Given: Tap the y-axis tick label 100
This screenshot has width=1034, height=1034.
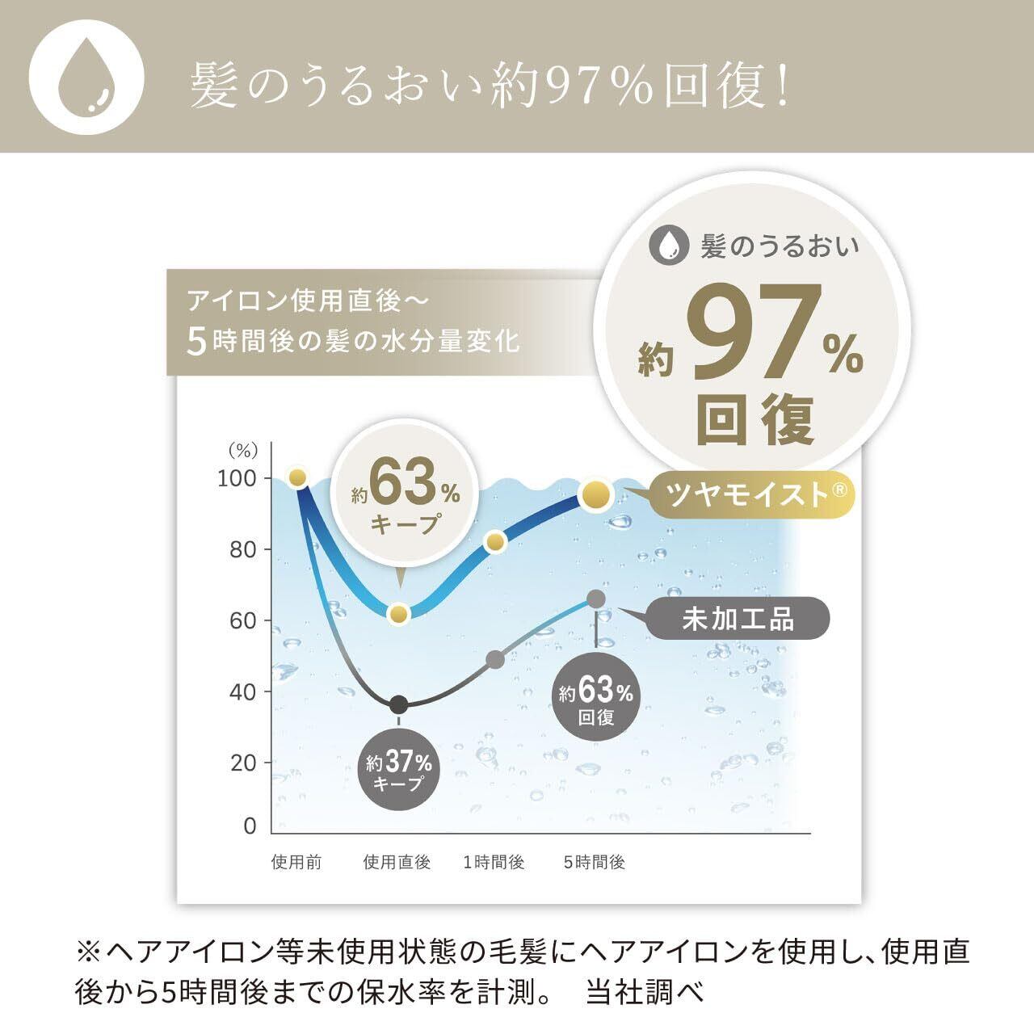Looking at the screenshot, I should pyautogui.click(x=237, y=478).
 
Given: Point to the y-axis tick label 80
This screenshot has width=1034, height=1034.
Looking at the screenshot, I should pyautogui.click(x=239, y=550).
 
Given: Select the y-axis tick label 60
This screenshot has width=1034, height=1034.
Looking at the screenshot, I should pyautogui.click(x=239, y=621).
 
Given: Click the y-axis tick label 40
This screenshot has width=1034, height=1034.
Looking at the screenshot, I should pyautogui.click(x=239, y=692).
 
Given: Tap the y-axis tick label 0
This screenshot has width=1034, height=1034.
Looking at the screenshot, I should pyautogui.click(x=250, y=826).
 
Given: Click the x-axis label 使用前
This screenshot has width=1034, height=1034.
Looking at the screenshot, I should pyautogui.click(x=296, y=863).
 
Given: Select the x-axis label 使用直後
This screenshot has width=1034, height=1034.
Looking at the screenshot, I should pyautogui.click(x=397, y=863).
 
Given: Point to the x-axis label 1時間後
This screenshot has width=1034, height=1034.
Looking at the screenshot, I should pyautogui.click(x=494, y=863).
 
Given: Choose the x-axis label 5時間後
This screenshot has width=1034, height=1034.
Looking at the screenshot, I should pyautogui.click(x=595, y=863).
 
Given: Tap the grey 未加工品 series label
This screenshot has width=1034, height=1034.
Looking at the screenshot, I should pyautogui.click(x=738, y=619).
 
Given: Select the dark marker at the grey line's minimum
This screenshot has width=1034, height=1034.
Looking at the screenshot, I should pyautogui.click(x=398, y=704).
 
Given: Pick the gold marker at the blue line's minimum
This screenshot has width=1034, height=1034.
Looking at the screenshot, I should pyautogui.click(x=398, y=614).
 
